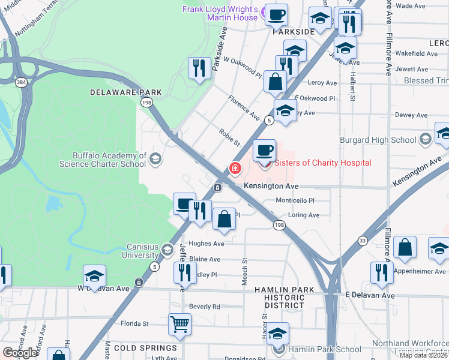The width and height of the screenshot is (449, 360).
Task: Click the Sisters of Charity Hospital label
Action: coord(323,163)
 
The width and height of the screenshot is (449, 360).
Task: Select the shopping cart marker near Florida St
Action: coord(180,325)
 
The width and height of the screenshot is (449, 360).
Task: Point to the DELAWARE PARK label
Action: coord(126,92)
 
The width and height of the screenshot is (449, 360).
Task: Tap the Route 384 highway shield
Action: coord(22,82)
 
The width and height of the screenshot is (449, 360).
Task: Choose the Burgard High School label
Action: coord(378,140)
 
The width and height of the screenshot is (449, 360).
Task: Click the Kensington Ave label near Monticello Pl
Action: coord(271,187)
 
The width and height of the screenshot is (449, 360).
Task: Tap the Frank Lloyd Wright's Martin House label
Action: coord(221,14)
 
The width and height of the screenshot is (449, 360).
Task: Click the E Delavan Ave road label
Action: coord(370,296)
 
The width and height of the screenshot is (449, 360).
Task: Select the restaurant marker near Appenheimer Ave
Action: coord(382,272)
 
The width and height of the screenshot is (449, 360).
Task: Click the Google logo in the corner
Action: coord(20,353)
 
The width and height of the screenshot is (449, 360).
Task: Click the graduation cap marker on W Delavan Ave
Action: coord(94,277)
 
